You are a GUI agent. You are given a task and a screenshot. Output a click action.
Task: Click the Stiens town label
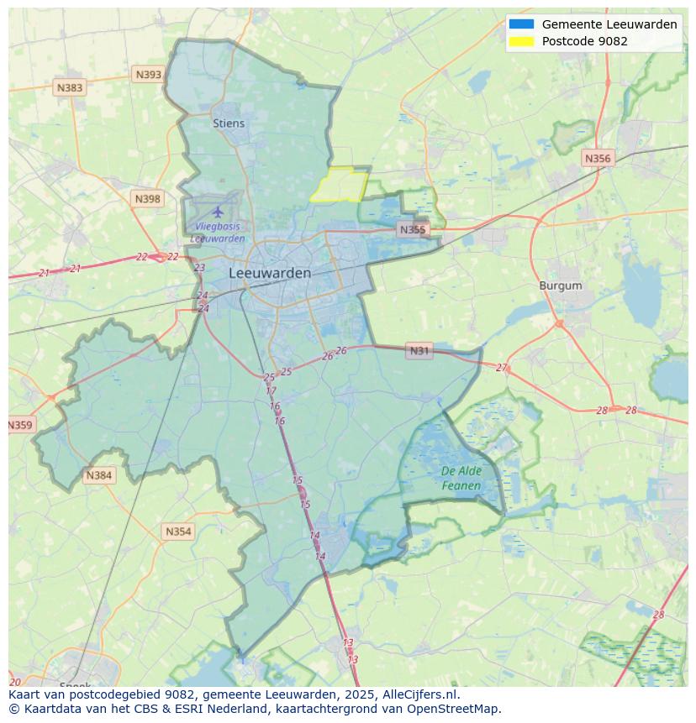pyautogui.click(x=229, y=123)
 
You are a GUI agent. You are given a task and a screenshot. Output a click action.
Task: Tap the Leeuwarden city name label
pyautogui.click(x=270, y=273)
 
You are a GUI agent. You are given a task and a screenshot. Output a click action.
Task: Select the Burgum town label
pyautogui.click(x=561, y=286)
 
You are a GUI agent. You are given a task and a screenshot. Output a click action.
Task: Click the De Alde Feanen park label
pyautogui.click(x=461, y=479)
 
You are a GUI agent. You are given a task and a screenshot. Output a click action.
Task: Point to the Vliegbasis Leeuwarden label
pyautogui.click(x=218, y=233)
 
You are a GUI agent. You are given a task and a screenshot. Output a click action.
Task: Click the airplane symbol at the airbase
pyautogui.click(x=219, y=212)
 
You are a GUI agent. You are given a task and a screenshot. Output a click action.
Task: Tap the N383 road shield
pyautogui.click(x=70, y=87)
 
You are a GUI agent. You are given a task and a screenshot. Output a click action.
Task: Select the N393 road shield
pyautogui.click(x=148, y=75)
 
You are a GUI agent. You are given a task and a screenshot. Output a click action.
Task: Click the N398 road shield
pyautogui.click(x=147, y=199)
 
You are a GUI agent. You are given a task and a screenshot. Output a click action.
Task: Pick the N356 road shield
pyautogui.click(x=598, y=158)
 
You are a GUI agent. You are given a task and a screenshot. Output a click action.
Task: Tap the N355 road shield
pyautogui.click(x=413, y=229)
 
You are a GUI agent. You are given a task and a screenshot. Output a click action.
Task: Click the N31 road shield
pyautogui.click(x=419, y=350)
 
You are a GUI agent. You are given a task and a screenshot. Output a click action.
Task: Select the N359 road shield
pyautogui.click(x=20, y=425)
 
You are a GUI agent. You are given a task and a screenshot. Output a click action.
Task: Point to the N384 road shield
pyautogui.click(x=98, y=476)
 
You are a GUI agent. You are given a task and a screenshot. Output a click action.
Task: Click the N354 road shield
pyautogui.click(x=178, y=532)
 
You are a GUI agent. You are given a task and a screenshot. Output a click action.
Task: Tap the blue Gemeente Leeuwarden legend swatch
pyautogui.click(x=521, y=24)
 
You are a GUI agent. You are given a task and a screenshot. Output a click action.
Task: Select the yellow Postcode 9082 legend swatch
pyautogui.click(x=521, y=41)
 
